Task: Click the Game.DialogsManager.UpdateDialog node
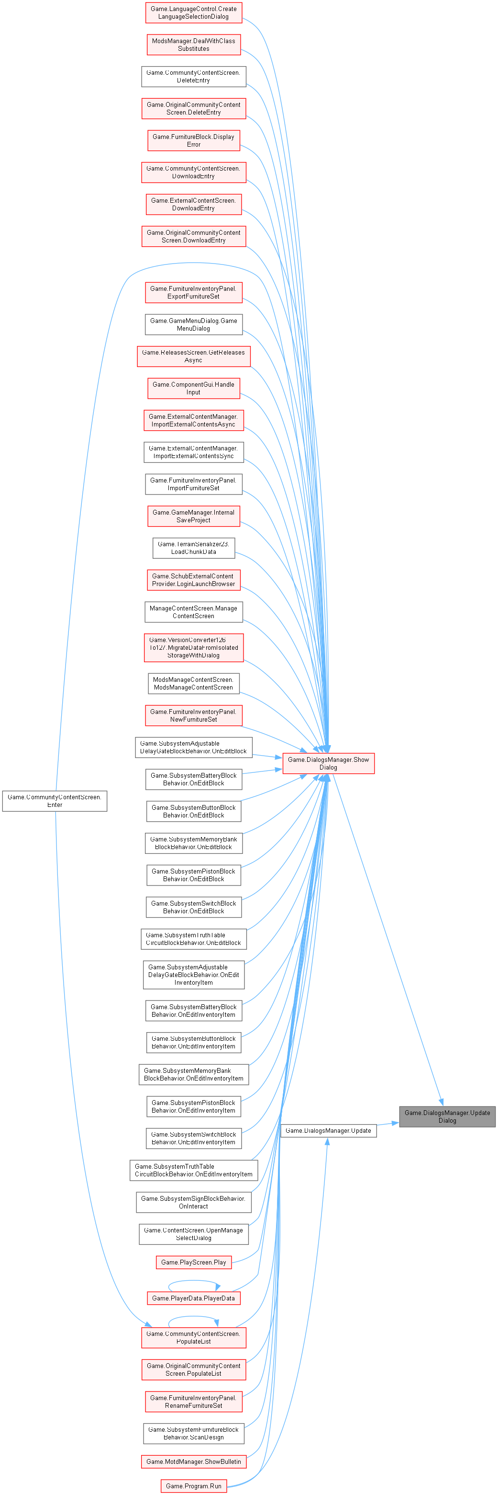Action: (x=447, y=1116)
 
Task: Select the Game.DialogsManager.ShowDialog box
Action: (x=328, y=763)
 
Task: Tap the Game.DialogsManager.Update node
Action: (x=328, y=1130)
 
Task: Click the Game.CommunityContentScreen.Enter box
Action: (x=55, y=800)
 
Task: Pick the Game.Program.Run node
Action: (x=194, y=1486)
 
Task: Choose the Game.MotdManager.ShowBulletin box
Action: (x=194, y=1461)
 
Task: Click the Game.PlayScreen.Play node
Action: (x=194, y=1262)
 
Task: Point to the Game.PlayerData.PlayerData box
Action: (x=194, y=1298)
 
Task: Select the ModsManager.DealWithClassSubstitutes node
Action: (x=194, y=45)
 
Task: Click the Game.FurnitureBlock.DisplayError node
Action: (x=194, y=140)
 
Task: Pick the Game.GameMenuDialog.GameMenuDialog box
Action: (x=194, y=324)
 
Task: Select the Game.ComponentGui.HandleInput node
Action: (x=194, y=388)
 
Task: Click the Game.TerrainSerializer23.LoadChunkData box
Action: (x=194, y=548)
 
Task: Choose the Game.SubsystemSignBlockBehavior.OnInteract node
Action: (x=194, y=1202)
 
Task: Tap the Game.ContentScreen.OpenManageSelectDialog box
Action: (x=194, y=1234)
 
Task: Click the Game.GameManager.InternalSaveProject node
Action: (x=194, y=516)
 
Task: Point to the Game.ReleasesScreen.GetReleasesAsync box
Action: (x=194, y=356)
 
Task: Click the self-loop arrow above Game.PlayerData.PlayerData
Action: (x=194, y=1280)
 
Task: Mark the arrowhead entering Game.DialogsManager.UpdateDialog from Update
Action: (x=395, y=1123)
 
